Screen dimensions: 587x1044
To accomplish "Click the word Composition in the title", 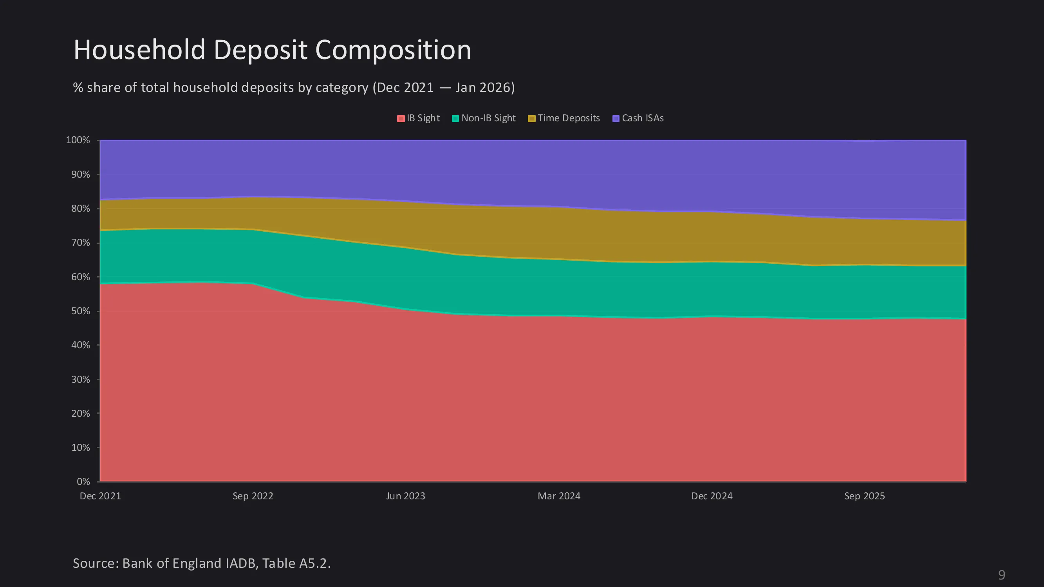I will tap(393, 50).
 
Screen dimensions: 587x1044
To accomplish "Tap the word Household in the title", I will tap(139, 50).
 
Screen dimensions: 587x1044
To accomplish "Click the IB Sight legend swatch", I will tap(401, 118).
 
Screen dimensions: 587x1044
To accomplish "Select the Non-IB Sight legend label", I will tap(488, 118).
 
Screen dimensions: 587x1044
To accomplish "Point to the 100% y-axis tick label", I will tap(78, 140).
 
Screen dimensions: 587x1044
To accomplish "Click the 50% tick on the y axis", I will tap(81, 311).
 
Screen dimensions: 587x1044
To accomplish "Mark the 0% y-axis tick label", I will tap(83, 482).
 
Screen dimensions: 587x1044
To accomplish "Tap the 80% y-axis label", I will tap(81, 209).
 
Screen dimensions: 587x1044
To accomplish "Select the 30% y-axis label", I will tap(81, 380).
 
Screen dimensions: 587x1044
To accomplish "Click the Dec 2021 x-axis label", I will tap(100, 496).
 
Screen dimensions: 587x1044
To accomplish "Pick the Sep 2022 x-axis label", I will tap(253, 496).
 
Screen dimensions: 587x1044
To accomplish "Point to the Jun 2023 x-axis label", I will tap(406, 496).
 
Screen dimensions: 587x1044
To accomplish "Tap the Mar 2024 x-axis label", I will tap(559, 496).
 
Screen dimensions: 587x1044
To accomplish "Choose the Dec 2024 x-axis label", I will tap(712, 496).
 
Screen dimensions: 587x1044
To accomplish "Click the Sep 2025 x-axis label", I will tap(865, 496).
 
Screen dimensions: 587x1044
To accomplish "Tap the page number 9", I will tap(1001, 575).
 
